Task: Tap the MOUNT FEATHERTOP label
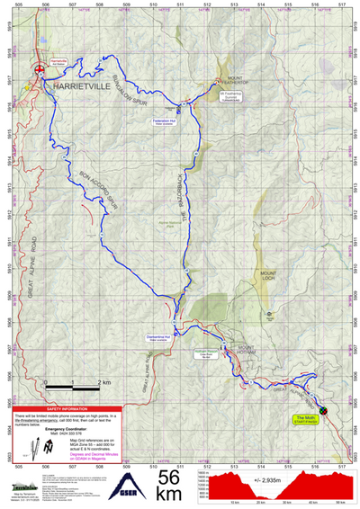tap(235, 81)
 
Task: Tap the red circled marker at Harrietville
tap(38, 69)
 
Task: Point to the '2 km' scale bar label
tap(101, 382)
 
